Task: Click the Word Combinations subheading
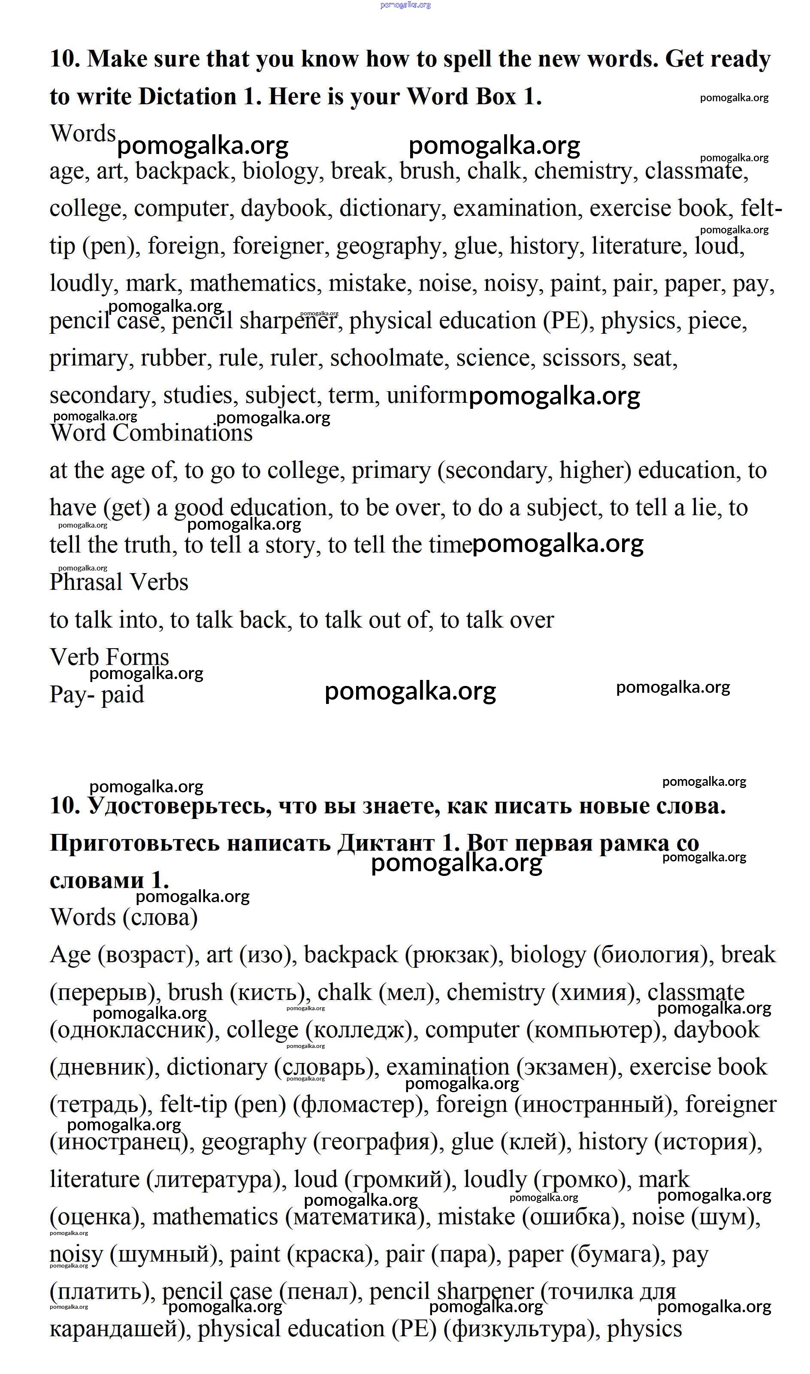coord(151,433)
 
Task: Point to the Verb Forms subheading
coord(109,657)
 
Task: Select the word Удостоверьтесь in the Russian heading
coord(180,806)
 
